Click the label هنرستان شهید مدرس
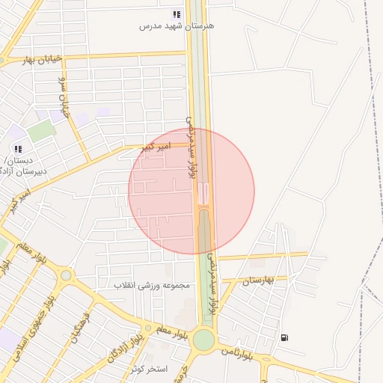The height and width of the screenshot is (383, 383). click(177, 25)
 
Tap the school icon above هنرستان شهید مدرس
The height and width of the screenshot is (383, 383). click(177, 14)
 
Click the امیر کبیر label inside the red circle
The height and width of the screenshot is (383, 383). click(157, 147)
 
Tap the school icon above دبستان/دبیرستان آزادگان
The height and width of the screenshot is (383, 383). click(17, 149)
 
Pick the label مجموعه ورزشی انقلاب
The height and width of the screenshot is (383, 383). click(153, 285)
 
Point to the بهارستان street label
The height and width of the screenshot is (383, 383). click(260, 280)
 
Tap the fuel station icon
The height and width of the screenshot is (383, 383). click(284, 337)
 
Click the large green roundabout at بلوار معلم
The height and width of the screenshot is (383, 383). click(203, 340)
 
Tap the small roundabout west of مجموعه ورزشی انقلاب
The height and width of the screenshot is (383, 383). click(66, 275)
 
